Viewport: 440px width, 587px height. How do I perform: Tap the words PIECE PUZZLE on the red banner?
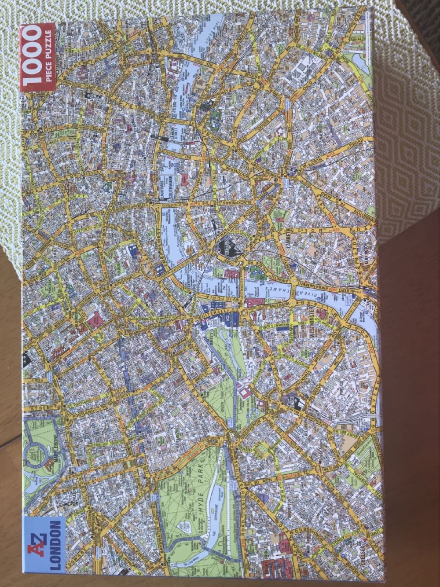coord(49,56)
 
